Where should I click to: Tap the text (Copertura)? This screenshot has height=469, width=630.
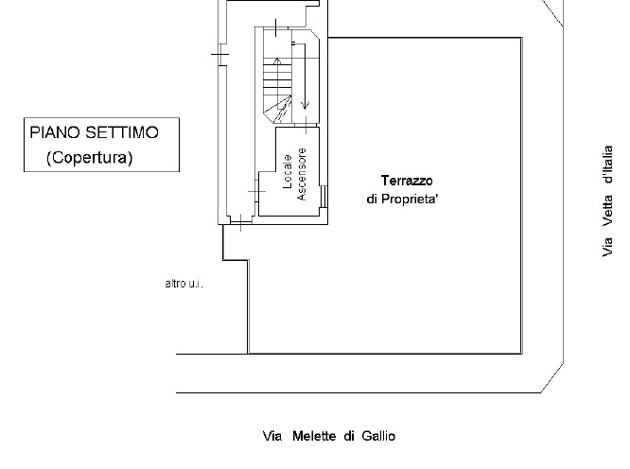(90, 157)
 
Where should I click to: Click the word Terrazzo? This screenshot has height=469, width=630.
(407, 180)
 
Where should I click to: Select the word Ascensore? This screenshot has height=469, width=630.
(304, 175)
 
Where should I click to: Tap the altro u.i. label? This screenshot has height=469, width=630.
(184, 284)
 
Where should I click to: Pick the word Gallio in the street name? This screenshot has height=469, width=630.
(377, 436)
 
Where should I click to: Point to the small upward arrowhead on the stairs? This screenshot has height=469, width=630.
(276, 62)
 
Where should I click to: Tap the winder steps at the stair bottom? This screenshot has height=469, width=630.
(275, 112)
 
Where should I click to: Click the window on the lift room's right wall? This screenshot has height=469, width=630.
(324, 196)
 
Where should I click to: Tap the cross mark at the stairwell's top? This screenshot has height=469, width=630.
(274, 28)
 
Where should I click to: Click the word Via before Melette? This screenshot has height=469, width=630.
(273, 436)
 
